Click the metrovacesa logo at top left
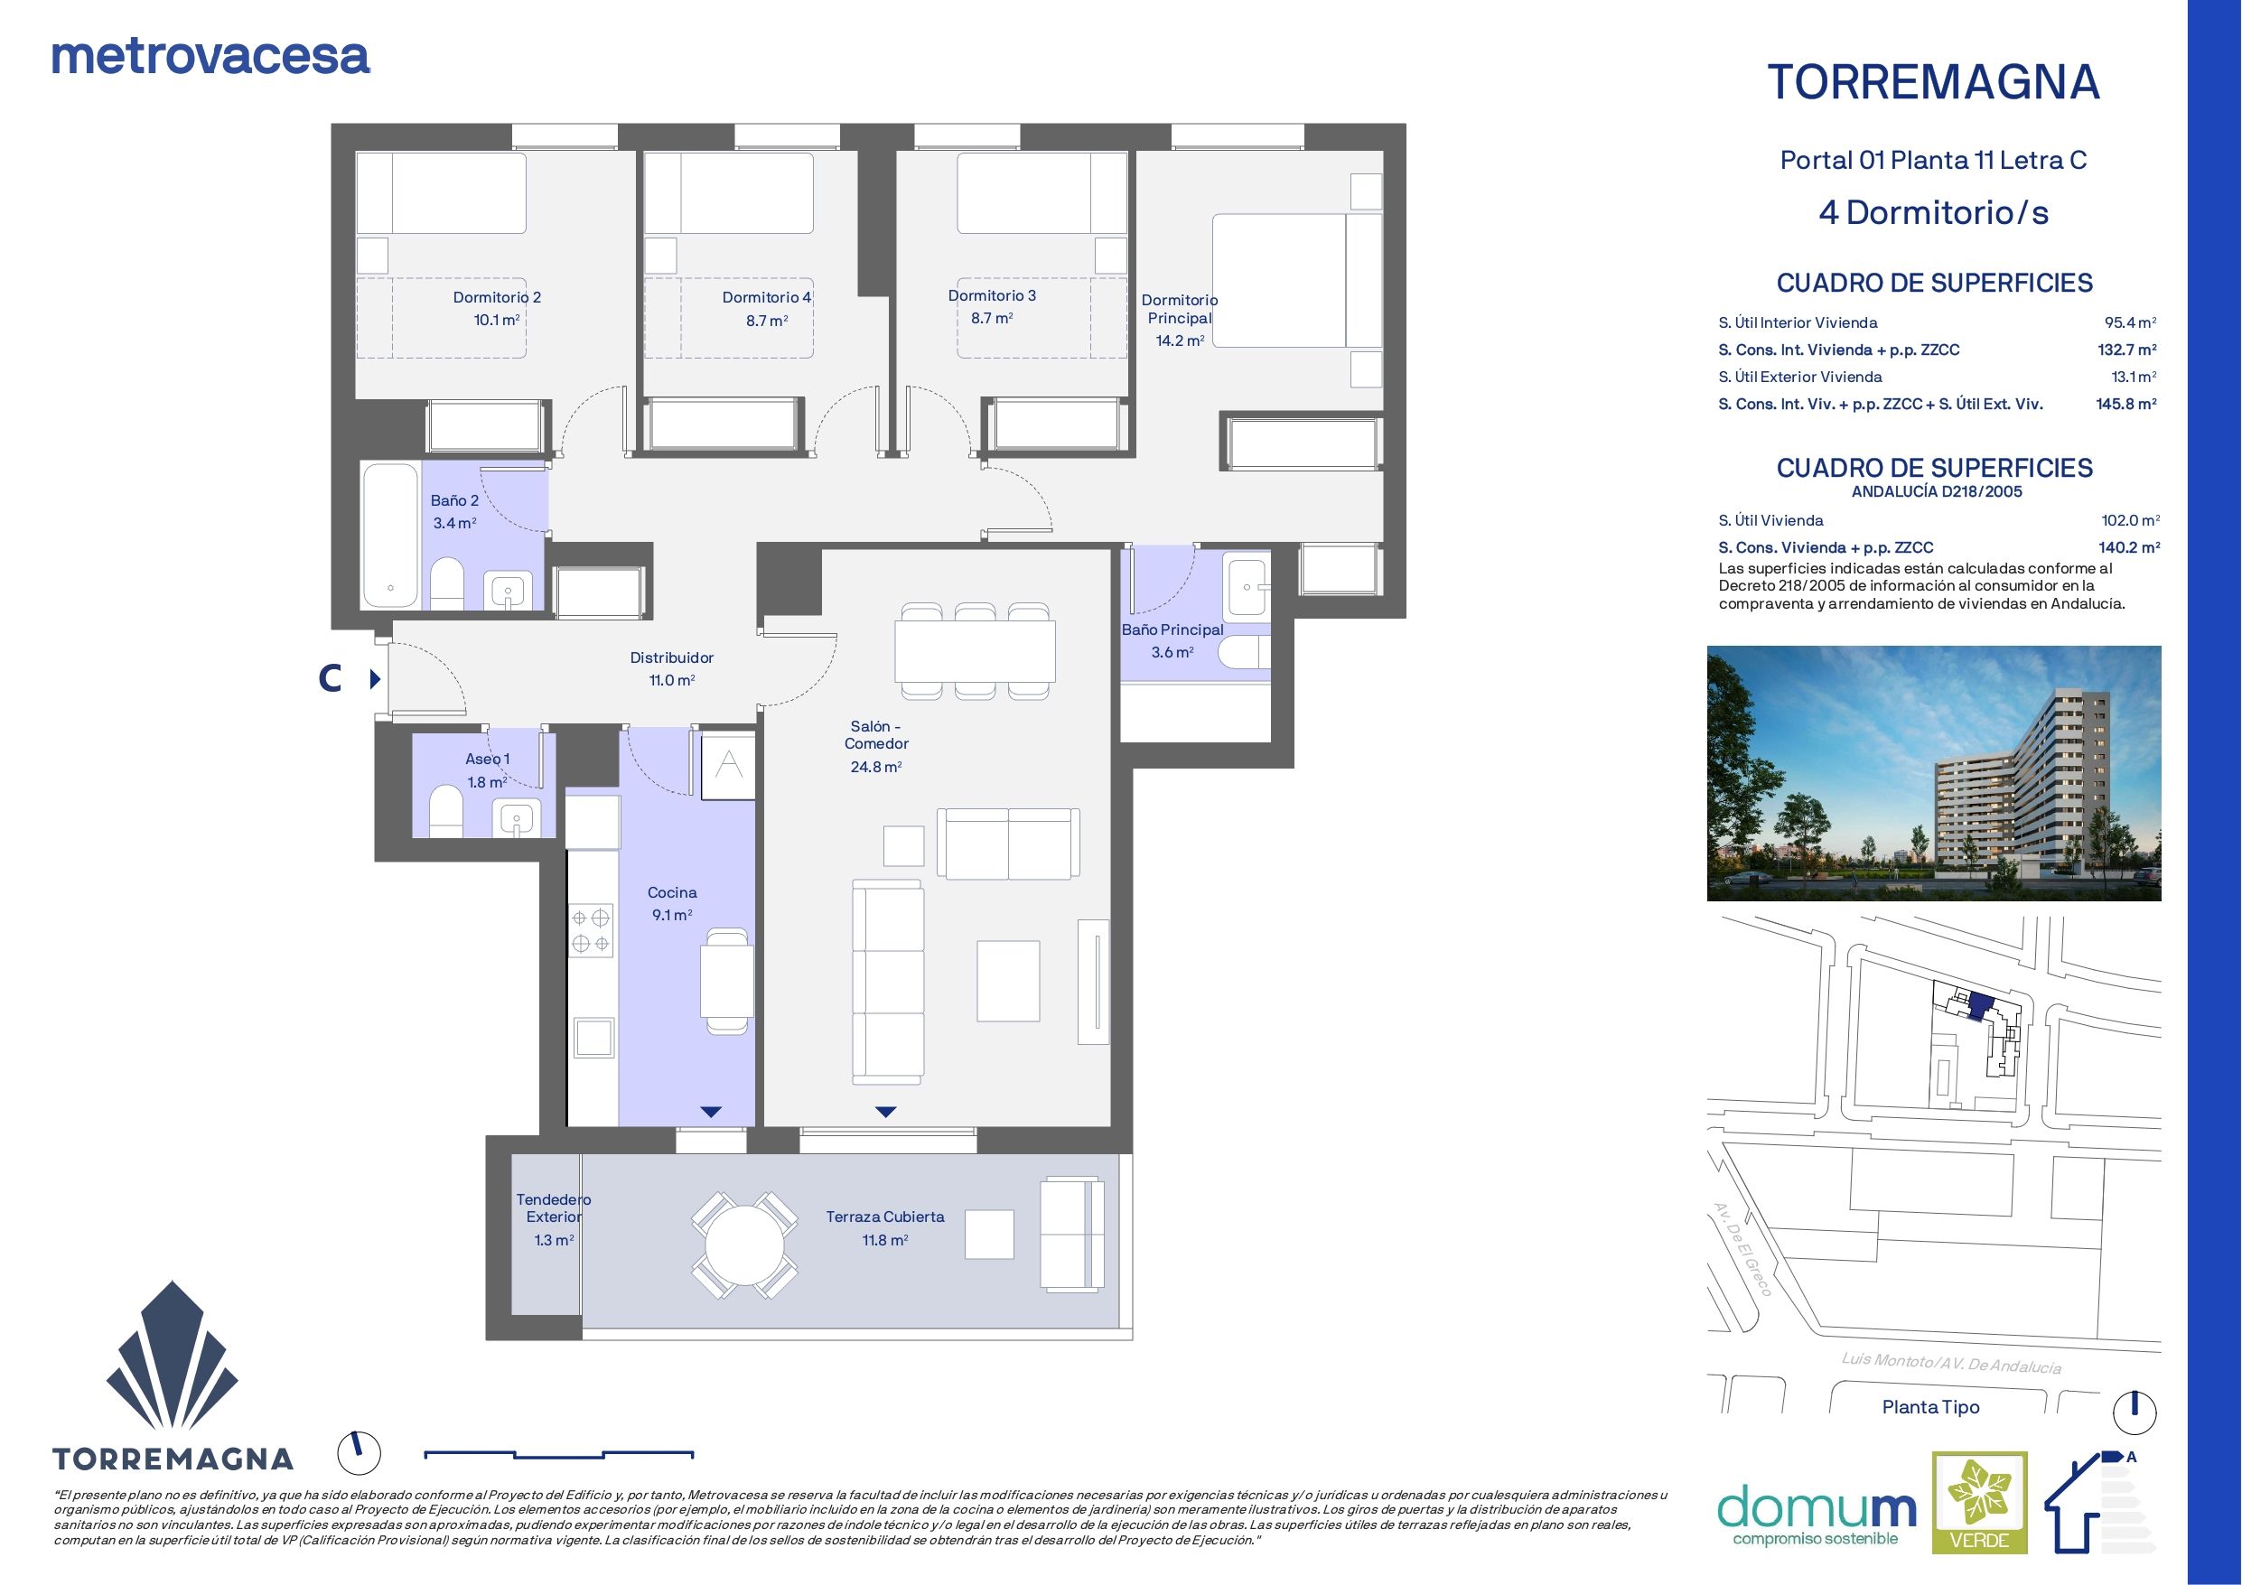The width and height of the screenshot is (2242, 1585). click(x=210, y=57)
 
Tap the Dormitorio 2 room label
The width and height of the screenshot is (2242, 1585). click(x=496, y=297)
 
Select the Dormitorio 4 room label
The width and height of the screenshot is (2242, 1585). click(x=767, y=297)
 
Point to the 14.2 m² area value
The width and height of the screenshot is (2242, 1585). click(x=1180, y=340)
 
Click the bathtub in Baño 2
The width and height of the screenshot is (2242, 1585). click(x=390, y=536)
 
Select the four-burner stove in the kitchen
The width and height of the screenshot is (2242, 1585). click(x=591, y=929)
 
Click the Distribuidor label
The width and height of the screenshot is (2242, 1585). click(x=672, y=657)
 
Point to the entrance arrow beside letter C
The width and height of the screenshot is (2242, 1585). click(x=375, y=677)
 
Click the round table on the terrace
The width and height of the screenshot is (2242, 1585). click(x=744, y=1245)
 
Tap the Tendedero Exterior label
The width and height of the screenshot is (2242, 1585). click(x=554, y=1208)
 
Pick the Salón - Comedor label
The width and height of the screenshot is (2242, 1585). click(x=877, y=734)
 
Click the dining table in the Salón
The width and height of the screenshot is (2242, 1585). click(x=976, y=652)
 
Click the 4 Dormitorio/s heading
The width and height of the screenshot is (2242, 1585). click(x=1933, y=212)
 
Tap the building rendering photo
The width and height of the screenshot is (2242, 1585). click(x=1933, y=772)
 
